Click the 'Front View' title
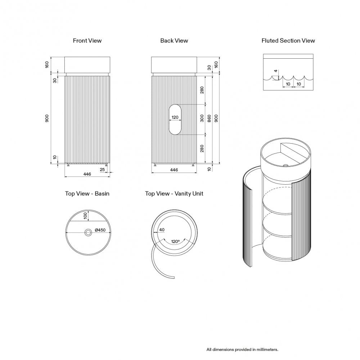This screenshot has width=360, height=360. pos(87,41)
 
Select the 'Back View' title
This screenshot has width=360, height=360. pos(174,41)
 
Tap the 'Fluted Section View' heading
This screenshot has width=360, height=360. pos(288,41)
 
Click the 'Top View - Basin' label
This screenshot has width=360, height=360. pos(87,194)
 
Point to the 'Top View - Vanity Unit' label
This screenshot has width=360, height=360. pos(174,194)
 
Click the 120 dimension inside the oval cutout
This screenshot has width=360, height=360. pos(175,117)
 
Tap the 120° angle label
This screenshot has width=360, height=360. pos(175,242)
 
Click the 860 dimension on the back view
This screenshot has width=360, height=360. pos(210,119)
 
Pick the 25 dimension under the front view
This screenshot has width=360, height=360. pos(102,169)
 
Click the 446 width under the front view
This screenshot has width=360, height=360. pos(87,174)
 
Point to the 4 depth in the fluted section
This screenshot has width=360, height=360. pos(276,71)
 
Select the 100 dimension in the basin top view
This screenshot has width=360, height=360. pos(85,216)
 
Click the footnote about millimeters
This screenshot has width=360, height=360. pos(242,349)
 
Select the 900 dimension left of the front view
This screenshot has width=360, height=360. pos(47,119)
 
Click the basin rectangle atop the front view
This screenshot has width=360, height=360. pos(87,64)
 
